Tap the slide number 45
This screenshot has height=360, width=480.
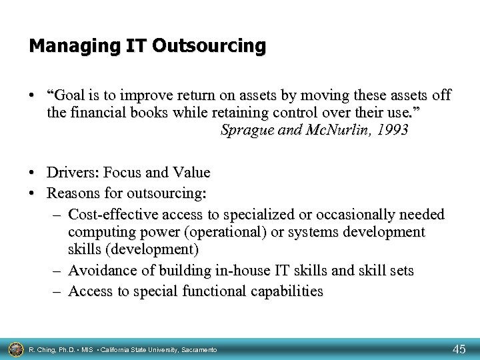click(459, 349)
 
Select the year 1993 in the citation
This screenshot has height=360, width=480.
click(391, 130)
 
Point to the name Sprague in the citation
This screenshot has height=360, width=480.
click(244, 130)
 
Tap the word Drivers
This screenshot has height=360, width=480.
click(70, 173)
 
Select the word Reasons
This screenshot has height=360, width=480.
click(73, 194)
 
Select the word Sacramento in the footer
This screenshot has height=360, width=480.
click(198, 349)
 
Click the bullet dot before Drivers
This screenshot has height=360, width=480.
click(33, 173)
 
